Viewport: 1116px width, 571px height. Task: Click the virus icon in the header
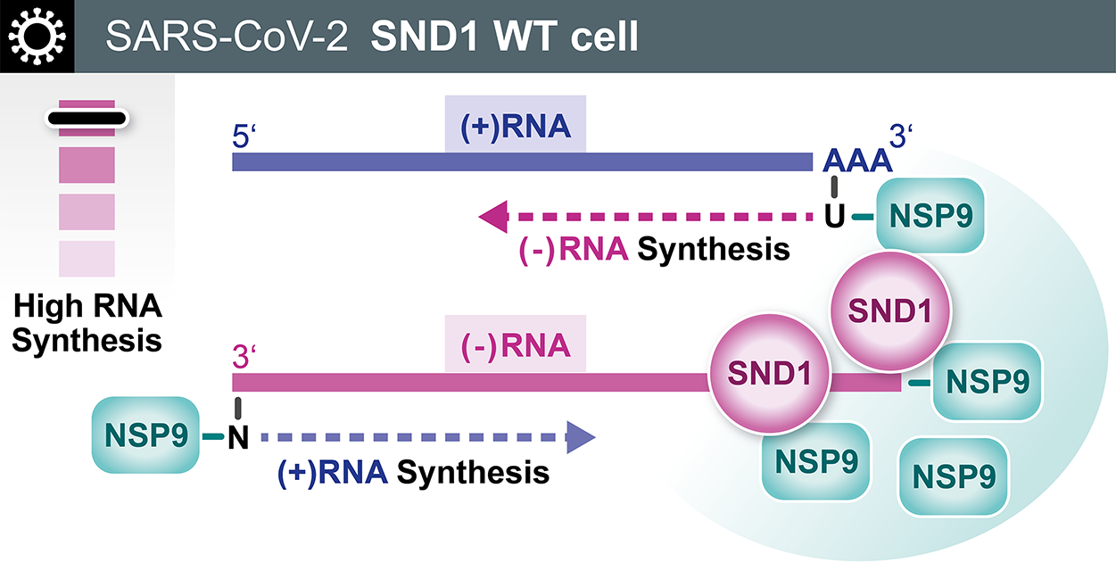click(37, 36)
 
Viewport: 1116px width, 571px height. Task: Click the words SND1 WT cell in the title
click(504, 37)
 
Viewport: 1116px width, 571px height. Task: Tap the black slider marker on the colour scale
click(87, 118)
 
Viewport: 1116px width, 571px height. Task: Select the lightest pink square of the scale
click(87, 259)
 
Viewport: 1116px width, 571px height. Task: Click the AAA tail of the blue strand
click(857, 161)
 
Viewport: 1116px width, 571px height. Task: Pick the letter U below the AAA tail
click(835, 216)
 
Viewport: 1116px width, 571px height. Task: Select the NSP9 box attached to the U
click(930, 216)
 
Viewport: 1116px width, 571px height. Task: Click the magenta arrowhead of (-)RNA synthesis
click(492, 216)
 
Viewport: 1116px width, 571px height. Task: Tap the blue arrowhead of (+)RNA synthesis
click(581, 437)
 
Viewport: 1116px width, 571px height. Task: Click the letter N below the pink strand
click(237, 438)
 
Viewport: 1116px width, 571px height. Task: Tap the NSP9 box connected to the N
click(145, 436)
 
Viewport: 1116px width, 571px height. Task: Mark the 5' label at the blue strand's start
click(244, 140)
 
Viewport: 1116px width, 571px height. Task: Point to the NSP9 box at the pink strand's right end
click(987, 383)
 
